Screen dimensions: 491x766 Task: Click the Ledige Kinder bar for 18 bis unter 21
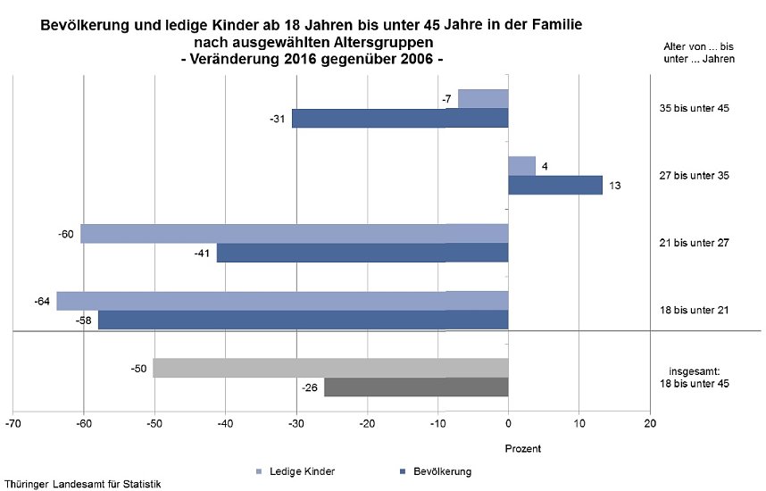coord(282,300)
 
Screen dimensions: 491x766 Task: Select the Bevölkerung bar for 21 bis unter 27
coord(362,253)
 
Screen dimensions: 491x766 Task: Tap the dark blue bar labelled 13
coord(554,185)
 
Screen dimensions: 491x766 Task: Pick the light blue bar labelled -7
coord(483,99)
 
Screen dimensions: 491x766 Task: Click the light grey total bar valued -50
coord(330,368)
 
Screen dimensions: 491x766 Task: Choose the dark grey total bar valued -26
coord(416,387)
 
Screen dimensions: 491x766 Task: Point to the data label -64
coord(41,301)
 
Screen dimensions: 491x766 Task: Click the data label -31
coord(277,119)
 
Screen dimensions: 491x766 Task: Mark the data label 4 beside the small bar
coord(545,165)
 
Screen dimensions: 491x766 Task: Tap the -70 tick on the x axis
coord(12,423)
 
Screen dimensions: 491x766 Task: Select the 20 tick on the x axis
coord(649,423)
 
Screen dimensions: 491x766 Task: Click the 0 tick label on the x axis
coord(508,423)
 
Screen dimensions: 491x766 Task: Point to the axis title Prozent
coord(523,448)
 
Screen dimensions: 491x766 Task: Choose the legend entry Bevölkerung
coord(434,470)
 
